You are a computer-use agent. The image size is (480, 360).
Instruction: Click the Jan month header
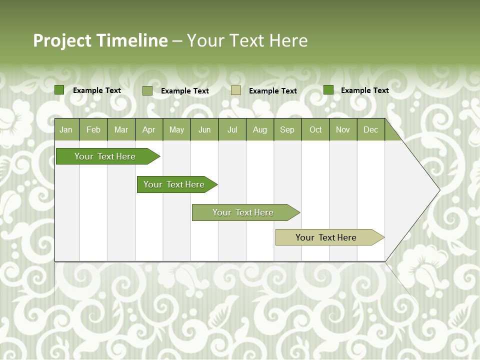(x=66, y=129)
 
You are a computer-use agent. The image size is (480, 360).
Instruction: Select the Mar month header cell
(x=121, y=129)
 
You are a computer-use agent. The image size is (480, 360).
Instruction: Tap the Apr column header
(x=149, y=129)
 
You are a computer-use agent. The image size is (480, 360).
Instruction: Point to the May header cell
(x=176, y=129)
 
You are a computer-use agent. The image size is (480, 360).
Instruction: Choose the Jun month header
(x=204, y=129)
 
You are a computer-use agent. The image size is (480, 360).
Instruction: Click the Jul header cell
(x=232, y=129)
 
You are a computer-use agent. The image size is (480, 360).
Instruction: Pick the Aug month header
(x=260, y=129)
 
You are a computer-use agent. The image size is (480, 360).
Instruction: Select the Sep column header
(x=287, y=129)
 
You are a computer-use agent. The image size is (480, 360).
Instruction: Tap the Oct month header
(x=315, y=129)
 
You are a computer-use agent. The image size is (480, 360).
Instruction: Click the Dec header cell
(x=371, y=129)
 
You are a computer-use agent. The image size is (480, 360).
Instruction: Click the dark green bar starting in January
(x=105, y=156)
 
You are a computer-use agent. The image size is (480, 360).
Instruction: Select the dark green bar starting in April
(x=174, y=184)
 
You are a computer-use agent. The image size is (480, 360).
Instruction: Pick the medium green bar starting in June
(x=243, y=212)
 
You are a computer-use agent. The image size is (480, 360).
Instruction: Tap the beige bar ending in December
(x=326, y=237)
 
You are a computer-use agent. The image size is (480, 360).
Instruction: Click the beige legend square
(x=236, y=90)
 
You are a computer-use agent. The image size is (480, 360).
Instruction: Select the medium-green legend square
(x=147, y=90)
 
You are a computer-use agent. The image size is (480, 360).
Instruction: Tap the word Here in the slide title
(x=288, y=40)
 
